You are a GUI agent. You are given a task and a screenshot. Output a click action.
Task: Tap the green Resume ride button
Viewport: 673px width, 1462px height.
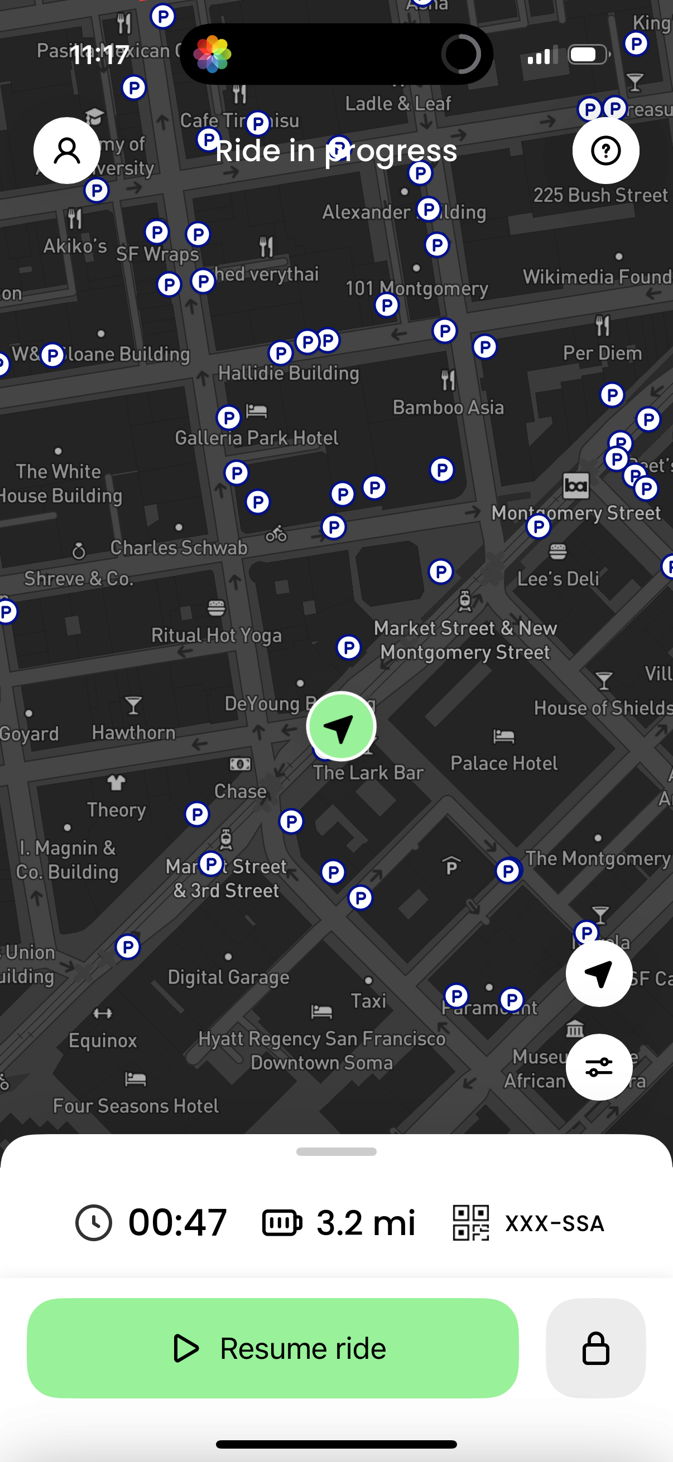(x=273, y=1348)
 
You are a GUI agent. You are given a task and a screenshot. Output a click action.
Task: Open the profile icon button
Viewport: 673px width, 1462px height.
(x=67, y=151)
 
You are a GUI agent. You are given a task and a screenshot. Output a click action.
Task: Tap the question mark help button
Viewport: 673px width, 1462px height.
(x=605, y=151)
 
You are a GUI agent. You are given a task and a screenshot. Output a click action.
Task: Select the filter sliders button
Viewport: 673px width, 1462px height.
(x=599, y=1067)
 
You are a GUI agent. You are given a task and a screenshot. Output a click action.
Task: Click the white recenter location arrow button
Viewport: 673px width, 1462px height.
(x=599, y=974)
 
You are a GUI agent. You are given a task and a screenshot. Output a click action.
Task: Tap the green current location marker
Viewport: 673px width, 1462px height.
(x=341, y=727)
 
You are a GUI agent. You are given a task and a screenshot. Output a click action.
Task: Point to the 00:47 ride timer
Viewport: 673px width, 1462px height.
(x=177, y=1222)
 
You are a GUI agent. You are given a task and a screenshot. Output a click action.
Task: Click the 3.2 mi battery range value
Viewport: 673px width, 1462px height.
(x=366, y=1222)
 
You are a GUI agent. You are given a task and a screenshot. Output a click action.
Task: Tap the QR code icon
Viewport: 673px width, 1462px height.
(x=471, y=1222)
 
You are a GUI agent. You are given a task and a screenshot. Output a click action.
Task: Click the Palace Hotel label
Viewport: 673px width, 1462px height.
(x=504, y=763)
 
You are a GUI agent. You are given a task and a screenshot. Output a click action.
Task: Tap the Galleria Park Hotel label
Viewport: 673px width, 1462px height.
(x=257, y=438)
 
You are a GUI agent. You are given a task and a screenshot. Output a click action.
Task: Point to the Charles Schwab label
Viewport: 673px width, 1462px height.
(x=179, y=548)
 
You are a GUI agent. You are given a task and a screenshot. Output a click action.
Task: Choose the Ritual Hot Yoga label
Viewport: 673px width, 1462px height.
(x=217, y=635)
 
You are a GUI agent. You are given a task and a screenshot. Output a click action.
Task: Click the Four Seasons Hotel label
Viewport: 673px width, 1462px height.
(x=136, y=1106)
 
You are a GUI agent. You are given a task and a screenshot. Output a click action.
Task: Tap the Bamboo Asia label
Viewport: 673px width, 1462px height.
(x=448, y=408)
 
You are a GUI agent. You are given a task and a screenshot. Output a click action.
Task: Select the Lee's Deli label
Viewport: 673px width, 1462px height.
(x=557, y=579)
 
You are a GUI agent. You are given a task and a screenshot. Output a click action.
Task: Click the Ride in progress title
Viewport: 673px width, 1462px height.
(x=336, y=151)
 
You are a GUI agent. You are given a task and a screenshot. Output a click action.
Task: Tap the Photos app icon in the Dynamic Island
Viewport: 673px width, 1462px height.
(x=213, y=54)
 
